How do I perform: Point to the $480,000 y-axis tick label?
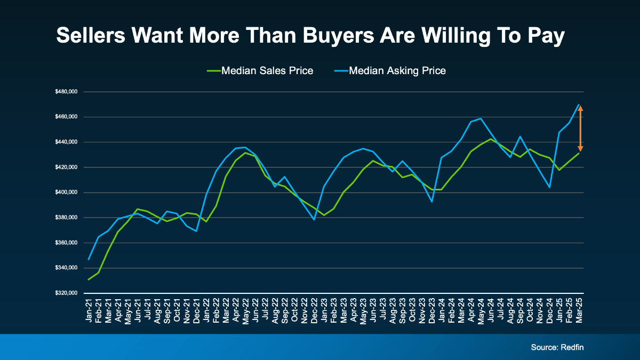(x=66, y=92)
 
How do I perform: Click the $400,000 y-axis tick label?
(x=66, y=193)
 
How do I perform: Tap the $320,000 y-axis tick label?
(x=66, y=293)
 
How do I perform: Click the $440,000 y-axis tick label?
(x=66, y=142)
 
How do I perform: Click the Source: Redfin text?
(x=558, y=347)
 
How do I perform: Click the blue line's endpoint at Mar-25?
(x=579, y=105)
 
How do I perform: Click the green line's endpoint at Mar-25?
(x=579, y=154)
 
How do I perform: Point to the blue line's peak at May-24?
(x=481, y=118)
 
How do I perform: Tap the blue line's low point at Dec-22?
(x=314, y=219)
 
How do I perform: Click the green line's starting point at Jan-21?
(x=89, y=279)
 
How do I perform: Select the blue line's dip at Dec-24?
(x=549, y=187)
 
